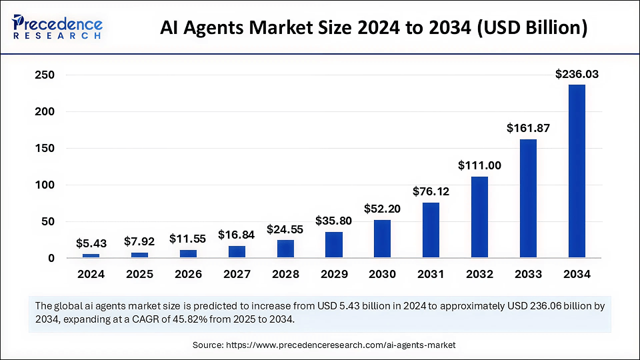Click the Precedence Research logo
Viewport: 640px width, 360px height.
coord(57,27)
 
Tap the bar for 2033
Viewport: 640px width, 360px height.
coord(528,198)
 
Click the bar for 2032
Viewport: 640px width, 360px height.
coord(480,217)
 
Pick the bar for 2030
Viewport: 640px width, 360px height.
coord(383,239)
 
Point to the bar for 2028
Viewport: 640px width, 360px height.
coord(285,249)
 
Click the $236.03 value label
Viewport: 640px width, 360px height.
coord(577,75)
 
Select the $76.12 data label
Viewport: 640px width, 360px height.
coord(431,191)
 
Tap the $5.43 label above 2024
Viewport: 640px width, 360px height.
coord(91,243)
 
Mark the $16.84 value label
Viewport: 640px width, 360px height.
coord(237,235)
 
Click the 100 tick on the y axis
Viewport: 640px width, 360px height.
coord(44,185)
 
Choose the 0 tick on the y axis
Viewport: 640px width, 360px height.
coord(51,258)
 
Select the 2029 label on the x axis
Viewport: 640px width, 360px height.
coord(334,274)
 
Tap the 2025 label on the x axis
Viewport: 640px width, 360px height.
coord(139,274)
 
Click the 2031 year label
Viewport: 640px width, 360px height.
coord(431,274)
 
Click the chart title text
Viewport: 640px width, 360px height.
coord(374,28)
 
